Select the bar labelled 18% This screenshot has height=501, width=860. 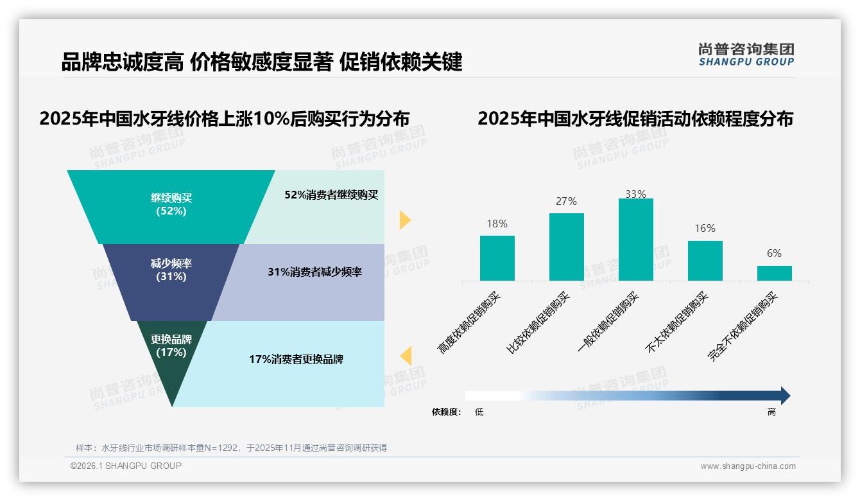[497, 258]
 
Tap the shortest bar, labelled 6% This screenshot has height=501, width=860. [774, 273]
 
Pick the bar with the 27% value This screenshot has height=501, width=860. [567, 247]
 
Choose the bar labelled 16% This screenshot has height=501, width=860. [705, 261]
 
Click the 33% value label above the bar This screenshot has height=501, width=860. [635, 194]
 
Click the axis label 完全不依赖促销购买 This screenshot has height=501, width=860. [743, 326]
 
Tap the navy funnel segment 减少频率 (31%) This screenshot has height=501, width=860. [171, 270]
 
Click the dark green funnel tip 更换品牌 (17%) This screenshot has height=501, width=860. [171, 350]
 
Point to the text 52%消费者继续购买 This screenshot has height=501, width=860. [331, 195]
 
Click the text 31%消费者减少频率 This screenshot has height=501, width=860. [314, 272]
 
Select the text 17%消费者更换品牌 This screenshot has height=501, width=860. [296, 360]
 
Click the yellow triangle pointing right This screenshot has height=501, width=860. [404, 220]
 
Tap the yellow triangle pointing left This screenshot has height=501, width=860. [406, 356]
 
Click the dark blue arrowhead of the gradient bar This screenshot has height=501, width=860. [784, 396]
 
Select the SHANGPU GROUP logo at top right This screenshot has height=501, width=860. [746, 55]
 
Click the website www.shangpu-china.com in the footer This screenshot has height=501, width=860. [748, 466]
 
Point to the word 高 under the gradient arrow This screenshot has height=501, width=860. [771, 412]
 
